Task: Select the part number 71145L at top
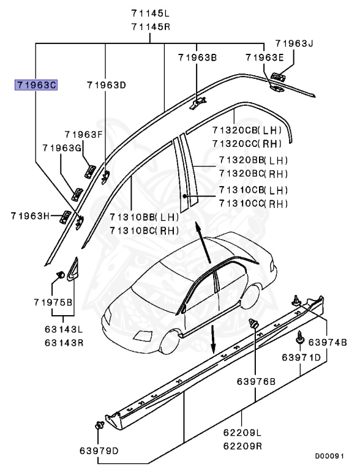click(151, 12)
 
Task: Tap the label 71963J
click(294, 43)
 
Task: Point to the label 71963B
click(197, 58)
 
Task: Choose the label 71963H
click(29, 215)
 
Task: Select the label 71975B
click(53, 302)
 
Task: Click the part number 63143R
click(64, 341)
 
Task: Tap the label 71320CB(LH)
click(247, 130)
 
